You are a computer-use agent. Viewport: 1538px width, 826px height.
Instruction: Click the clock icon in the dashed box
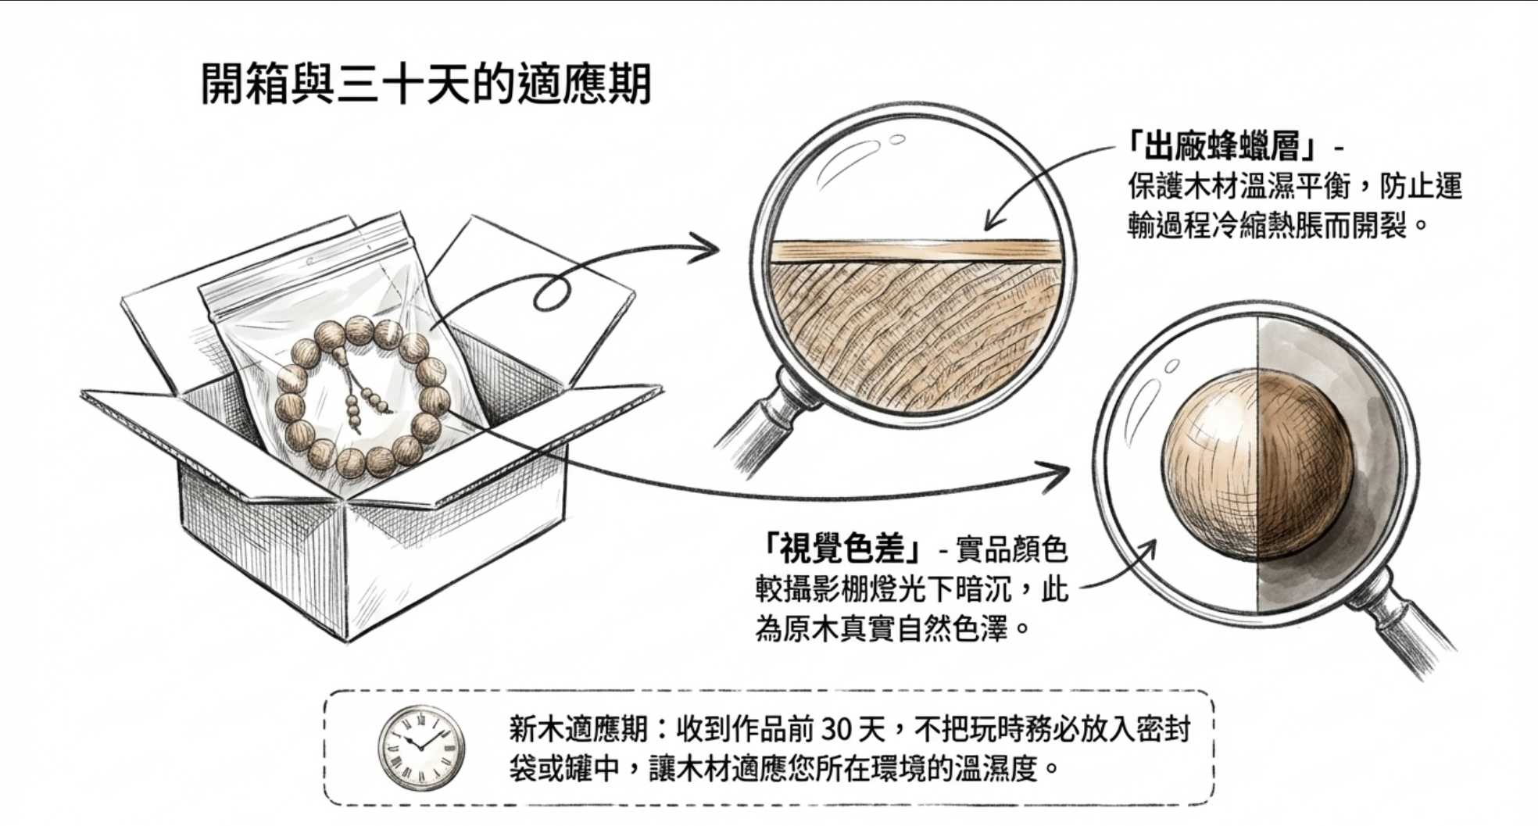pos(421,748)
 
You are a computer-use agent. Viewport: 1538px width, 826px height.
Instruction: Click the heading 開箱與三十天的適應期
pos(427,85)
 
